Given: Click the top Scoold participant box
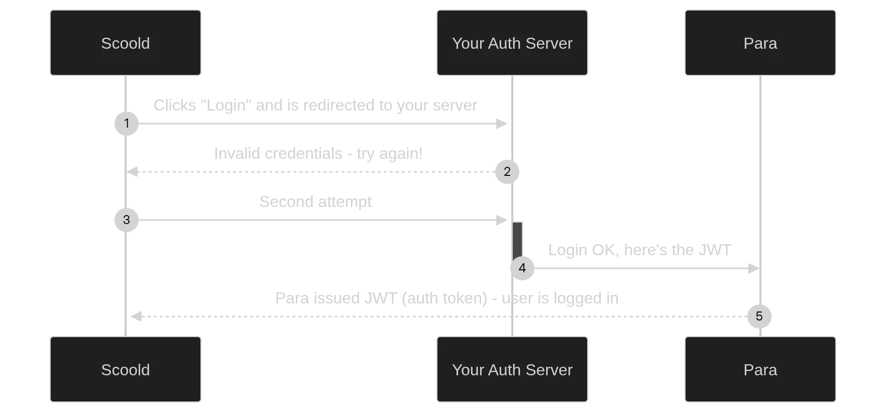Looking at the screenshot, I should [x=126, y=43].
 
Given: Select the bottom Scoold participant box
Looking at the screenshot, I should [x=126, y=369].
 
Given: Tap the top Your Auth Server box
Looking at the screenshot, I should [x=512, y=43].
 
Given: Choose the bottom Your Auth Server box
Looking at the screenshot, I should [x=512, y=369].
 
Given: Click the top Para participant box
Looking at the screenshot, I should [x=760, y=43].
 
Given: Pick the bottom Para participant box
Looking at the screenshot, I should [x=760, y=369].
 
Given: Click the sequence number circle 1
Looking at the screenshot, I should [x=127, y=123].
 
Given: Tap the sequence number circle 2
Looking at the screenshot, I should [x=507, y=171].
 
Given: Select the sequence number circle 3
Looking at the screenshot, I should [x=127, y=220].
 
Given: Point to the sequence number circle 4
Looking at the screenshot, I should [x=522, y=268].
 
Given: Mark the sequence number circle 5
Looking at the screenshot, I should [x=759, y=316].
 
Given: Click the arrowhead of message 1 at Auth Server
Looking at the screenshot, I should [x=501, y=123].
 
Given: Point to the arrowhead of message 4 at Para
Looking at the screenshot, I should [x=753, y=268].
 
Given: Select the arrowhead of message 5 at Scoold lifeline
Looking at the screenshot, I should [x=136, y=316].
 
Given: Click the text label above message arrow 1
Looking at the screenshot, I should [x=315, y=105].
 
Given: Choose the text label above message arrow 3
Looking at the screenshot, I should [x=315, y=201].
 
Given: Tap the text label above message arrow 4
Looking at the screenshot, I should [x=640, y=250].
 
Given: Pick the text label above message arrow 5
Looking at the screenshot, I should [x=446, y=298].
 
